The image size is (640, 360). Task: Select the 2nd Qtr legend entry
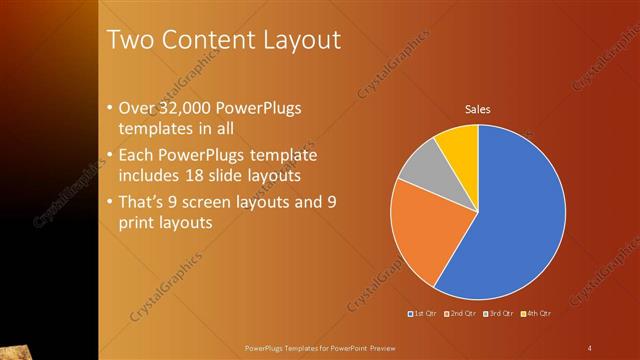click(x=461, y=313)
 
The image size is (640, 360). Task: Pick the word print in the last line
click(x=137, y=223)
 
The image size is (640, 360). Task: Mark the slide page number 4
click(x=590, y=347)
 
